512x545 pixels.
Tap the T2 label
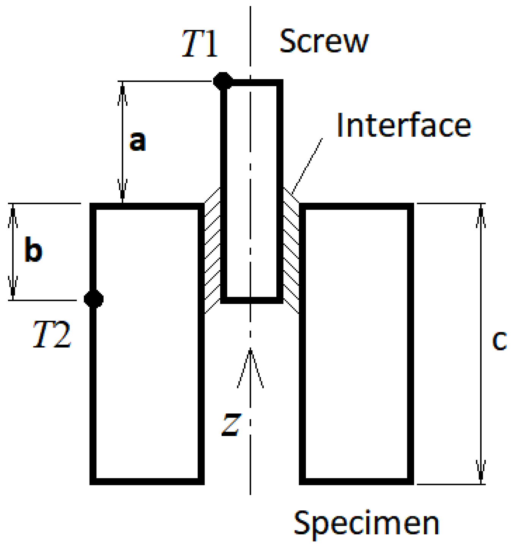52,335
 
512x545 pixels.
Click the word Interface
403,125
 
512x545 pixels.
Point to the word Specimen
366,524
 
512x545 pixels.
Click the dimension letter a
137,141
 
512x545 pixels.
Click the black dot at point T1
222,81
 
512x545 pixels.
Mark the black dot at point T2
93,299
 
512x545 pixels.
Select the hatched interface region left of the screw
213,250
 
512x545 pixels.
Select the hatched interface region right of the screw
291,250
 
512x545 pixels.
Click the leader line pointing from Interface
307,165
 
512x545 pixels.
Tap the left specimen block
147,343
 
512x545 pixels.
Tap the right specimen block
356,343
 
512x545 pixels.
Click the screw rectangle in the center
252,190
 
